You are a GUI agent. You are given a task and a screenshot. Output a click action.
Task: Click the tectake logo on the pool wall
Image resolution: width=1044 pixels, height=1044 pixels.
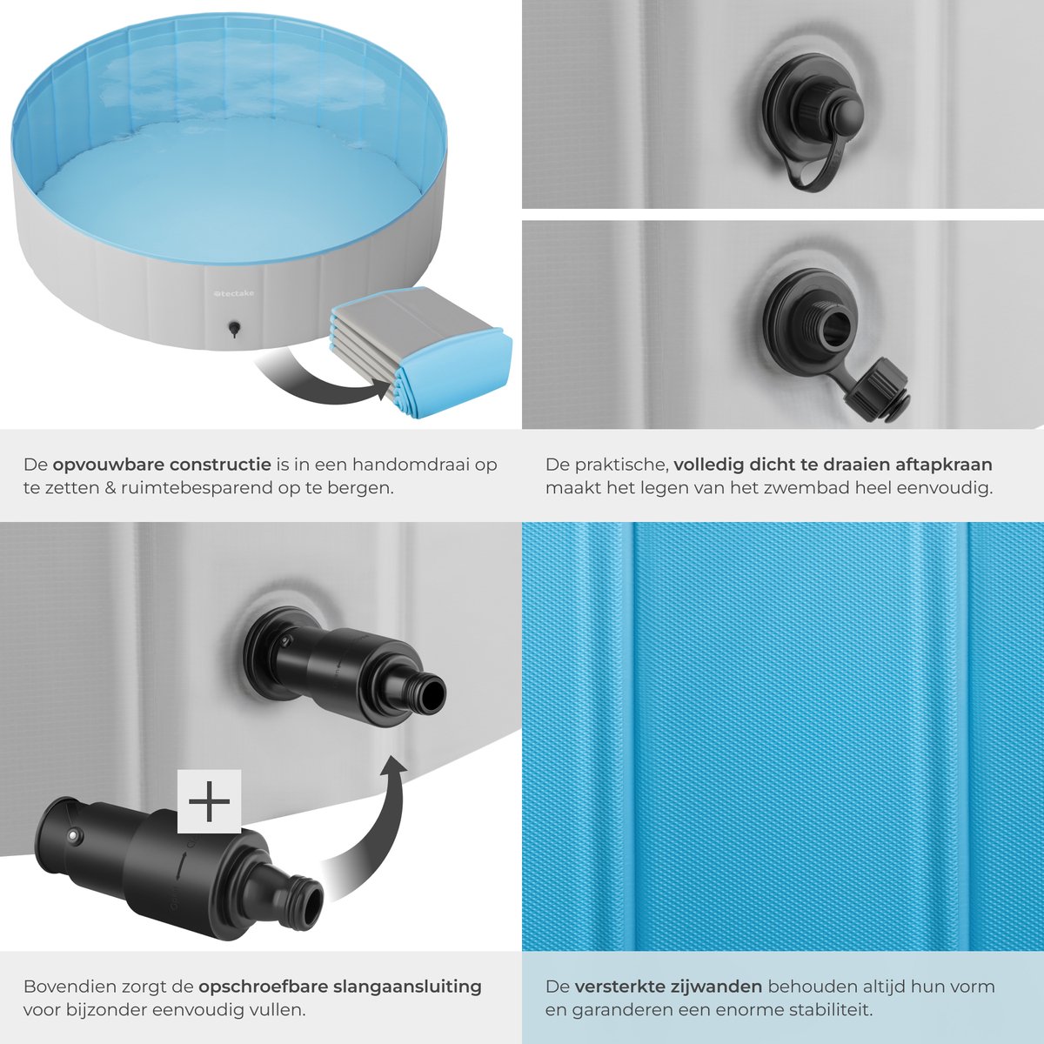[233, 293]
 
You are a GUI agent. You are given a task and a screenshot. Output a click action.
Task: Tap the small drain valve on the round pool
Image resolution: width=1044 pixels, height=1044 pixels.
[234, 328]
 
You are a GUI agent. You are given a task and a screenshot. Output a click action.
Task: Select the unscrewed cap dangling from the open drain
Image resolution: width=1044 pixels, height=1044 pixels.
[874, 386]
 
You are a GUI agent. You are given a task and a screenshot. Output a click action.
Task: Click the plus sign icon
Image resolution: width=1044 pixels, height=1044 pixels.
[209, 801]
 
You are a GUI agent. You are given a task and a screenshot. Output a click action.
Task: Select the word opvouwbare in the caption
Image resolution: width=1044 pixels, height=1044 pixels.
[108, 465]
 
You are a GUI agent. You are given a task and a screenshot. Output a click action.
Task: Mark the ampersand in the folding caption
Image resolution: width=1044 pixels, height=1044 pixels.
[111, 488]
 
